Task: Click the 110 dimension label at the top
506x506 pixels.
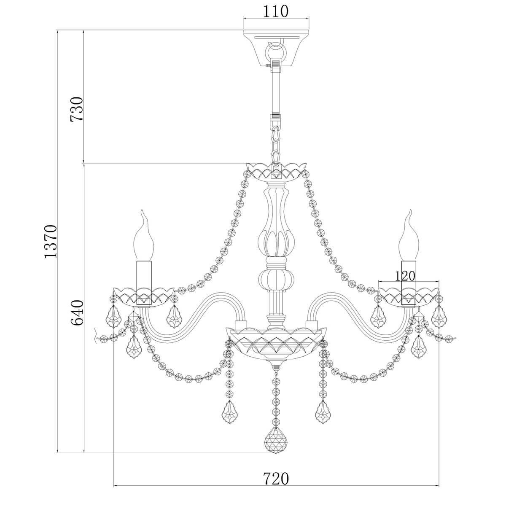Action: coord(275,11)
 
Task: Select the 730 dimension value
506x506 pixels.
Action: coord(77,109)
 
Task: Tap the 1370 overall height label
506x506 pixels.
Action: coord(51,241)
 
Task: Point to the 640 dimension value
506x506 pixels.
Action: coord(77,313)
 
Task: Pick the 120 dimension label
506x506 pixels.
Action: coord(405,276)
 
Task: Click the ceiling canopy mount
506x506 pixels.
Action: coord(276,48)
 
